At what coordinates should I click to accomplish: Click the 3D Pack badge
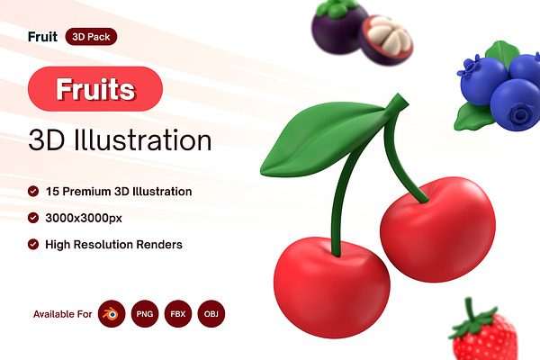point(91,37)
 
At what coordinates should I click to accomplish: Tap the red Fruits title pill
point(95,89)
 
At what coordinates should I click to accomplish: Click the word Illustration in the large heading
point(143,139)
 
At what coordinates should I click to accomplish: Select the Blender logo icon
point(112,314)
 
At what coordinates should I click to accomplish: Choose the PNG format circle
point(145,314)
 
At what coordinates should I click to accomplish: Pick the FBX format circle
point(178,314)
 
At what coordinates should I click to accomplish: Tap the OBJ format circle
point(211,314)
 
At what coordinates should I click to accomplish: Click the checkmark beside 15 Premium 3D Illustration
point(33,191)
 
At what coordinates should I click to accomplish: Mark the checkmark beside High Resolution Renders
point(33,244)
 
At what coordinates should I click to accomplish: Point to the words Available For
point(63,314)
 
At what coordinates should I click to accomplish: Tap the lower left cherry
point(331,288)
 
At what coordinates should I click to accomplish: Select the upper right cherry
point(438,229)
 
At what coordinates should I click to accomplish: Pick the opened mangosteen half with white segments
point(386,40)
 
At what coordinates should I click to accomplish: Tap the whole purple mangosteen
point(338,27)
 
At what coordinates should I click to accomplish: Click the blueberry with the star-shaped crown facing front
point(516,105)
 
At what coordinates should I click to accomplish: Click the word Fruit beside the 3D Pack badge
point(42,37)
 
